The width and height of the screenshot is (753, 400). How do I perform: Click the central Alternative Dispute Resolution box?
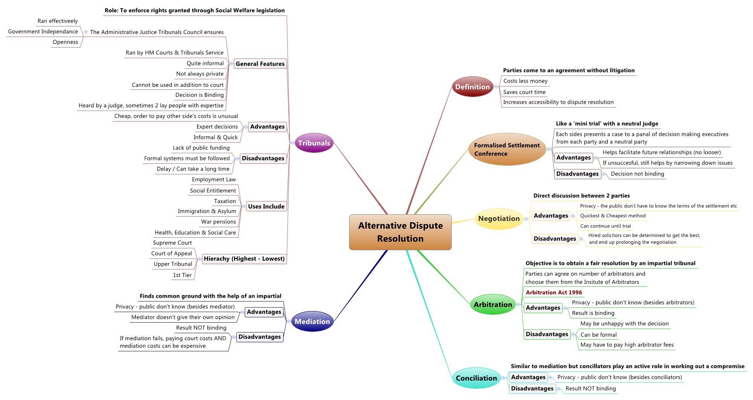click(x=400, y=232)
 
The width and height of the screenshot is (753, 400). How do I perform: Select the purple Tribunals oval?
click(x=314, y=143)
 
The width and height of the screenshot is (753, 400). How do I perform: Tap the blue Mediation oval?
click(x=312, y=322)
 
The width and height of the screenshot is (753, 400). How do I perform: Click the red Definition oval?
click(x=472, y=87)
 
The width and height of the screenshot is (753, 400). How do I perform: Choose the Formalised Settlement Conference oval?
click(x=507, y=149)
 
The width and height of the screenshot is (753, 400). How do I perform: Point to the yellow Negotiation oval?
click(x=499, y=218)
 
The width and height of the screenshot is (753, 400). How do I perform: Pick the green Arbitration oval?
click(x=493, y=305)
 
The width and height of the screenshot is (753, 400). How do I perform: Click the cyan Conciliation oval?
click(x=476, y=378)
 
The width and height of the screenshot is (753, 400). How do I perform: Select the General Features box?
click(x=260, y=64)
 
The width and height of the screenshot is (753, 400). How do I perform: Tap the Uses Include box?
click(x=266, y=206)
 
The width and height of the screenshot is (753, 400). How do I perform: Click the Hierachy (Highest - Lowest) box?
click(x=244, y=259)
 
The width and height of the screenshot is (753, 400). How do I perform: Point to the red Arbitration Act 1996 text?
click(x=554, y=292)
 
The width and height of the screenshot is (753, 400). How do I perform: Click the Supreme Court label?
click(x=172, y=243)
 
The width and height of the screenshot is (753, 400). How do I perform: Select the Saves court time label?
click(x=524, y=92)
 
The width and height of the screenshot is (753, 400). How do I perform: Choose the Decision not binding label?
click(x=637, y=174)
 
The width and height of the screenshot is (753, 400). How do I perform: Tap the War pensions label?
click(x=218, y=222)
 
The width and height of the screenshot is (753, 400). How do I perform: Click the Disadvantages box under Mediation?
click(x=259, y=337)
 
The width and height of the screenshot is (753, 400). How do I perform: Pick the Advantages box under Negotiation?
click(x=551, y=216)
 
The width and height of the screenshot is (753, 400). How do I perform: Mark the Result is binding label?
click(x=593, y=313)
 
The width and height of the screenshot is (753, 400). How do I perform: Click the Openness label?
click(x=65, y=42)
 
